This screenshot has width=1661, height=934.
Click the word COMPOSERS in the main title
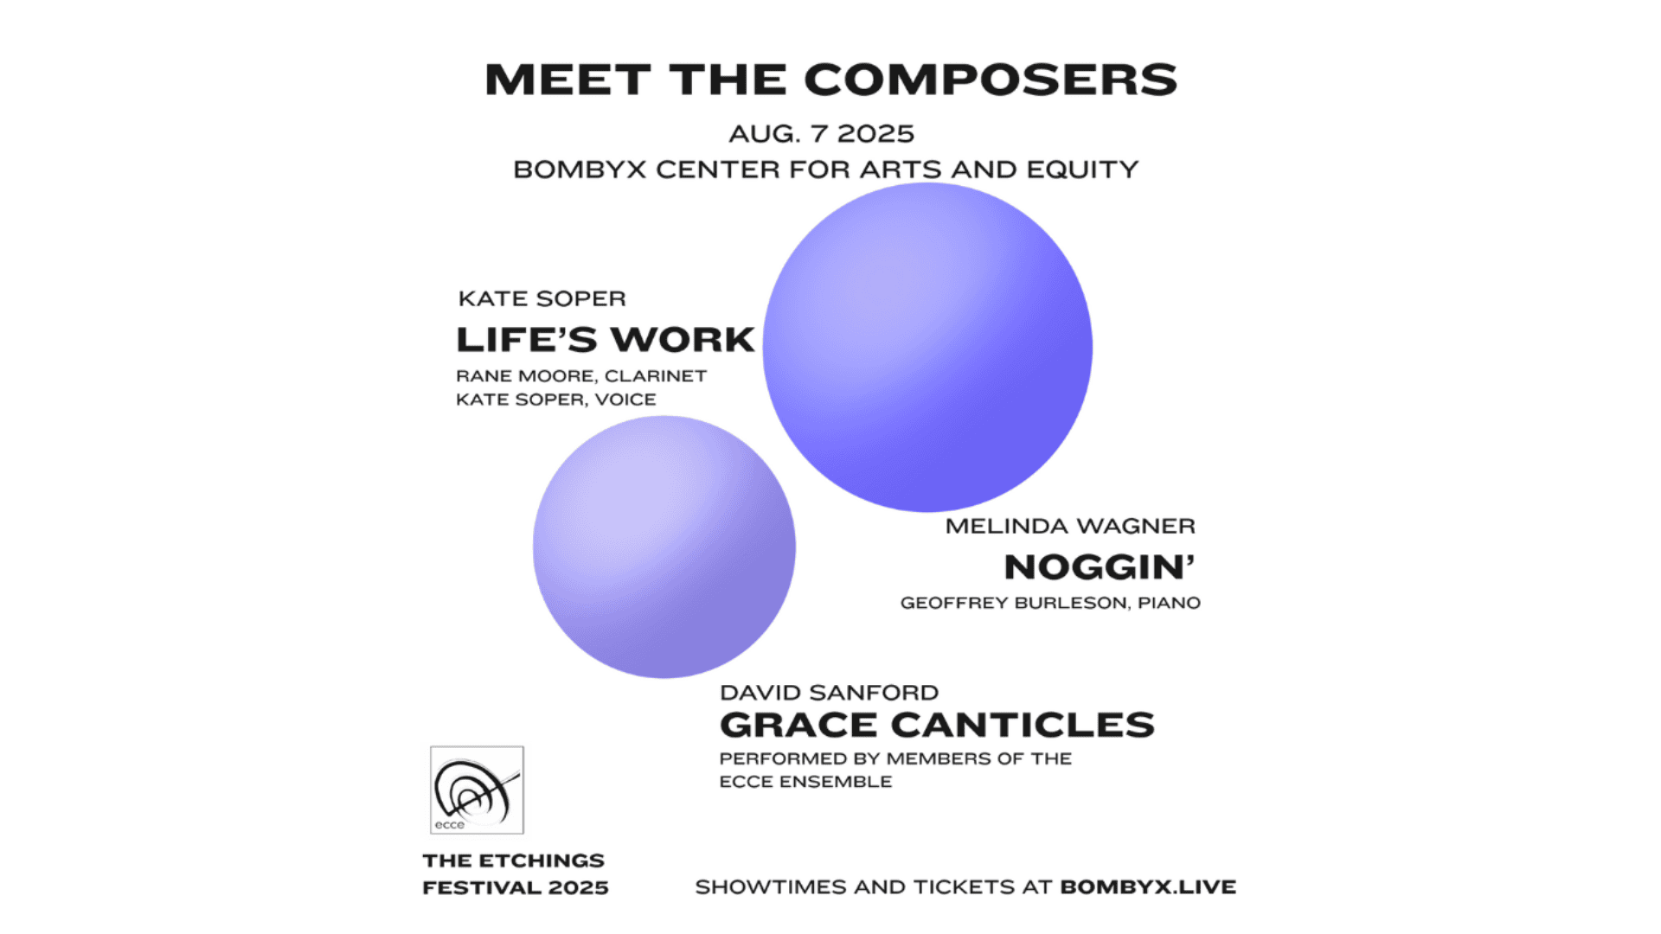click(x=991, y=80)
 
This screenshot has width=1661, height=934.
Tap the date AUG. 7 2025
click(x=821, y=134)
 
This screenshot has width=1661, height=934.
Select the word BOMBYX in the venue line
click(x=580, y=170)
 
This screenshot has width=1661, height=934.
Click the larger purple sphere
click(x=927, y=347)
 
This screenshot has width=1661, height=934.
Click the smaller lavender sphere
click(x=664, y=547)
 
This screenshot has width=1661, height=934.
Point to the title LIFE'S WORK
click(x=606, y=340)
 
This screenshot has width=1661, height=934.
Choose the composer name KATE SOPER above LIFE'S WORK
click(x=542, y=298)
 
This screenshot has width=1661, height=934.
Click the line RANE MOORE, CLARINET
click(x=581, y=376)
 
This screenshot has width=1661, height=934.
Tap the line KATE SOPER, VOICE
click(x=556, y=400)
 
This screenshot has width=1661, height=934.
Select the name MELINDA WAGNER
click(x=1070, y=526)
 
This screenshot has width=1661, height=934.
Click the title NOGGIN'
click(x=1100, y=567)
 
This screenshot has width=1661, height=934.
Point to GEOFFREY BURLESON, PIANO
click(x=1050, y=603)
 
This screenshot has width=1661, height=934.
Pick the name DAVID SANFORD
click(x=829, y=693)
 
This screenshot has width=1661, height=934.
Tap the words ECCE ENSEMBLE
click(x=805, y=782)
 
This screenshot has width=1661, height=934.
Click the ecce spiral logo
click(x=477, y=790)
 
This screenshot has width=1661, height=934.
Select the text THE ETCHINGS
click(x=514, y=860)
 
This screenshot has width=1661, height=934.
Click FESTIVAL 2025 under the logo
click(x=516, y=888)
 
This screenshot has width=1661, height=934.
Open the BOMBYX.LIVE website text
click(x=1148, y=887)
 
